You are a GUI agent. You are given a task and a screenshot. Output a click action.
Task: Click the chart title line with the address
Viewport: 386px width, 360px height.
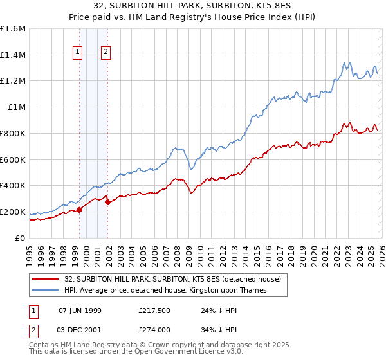tap(193, 6)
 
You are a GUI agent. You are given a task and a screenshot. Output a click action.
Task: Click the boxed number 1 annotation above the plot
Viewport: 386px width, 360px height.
tap(78, 53)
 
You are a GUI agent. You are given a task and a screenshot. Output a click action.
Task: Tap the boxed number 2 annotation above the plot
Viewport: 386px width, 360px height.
tap(106, 53)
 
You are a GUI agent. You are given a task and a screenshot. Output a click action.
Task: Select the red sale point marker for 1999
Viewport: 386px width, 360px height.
tap(80, 209)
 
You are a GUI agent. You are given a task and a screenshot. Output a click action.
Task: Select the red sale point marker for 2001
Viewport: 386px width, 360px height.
tap(108, 202)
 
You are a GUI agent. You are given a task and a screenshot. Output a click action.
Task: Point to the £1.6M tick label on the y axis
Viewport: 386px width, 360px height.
tap(13, 29)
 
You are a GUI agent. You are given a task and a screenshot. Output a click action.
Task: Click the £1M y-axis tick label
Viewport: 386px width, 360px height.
tap(17, 107)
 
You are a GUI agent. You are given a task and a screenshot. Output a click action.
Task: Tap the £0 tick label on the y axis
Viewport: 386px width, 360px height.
tap(21, 238)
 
